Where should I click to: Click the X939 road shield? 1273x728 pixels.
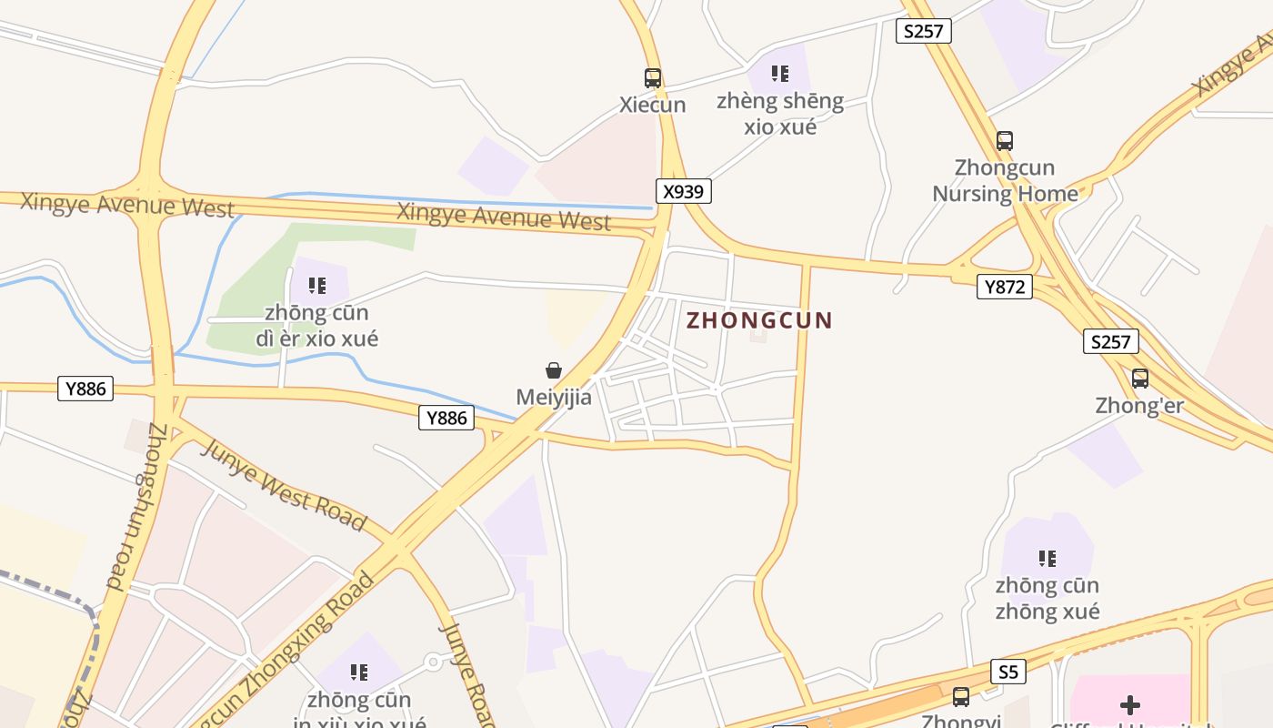[x=683, y=191]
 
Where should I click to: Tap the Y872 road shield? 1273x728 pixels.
[x=1005, y=288]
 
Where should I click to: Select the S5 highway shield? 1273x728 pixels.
[x=1007, y=672]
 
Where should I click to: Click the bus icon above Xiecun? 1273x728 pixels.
[x=653, y=78]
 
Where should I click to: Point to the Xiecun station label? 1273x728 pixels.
[x=653, y=105]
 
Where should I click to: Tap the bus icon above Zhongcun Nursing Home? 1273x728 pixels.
[x=1005, y=141]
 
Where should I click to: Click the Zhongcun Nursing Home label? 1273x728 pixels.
[x=1005, y=180]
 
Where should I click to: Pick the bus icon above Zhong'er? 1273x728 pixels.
[x=1140, y=379]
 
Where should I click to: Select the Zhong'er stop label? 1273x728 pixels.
[x=1139, y=406]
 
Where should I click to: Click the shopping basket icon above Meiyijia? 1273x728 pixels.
[x=554, y=370]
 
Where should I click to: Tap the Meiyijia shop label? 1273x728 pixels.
[x=554, y=398]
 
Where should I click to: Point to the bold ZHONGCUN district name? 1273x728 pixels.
[x=759, y=320]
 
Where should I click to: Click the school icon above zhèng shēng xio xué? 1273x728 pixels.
[x=779, y=74]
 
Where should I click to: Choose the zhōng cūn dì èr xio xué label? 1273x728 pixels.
[x=316, y=326]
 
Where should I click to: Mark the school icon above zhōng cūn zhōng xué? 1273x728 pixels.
[x=1047, y=558]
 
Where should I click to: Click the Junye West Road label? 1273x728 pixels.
[x=283, y=486]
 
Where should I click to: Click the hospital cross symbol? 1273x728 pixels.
[x=1130, y=705]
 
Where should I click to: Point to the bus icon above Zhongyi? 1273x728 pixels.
[x=961, y=697]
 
